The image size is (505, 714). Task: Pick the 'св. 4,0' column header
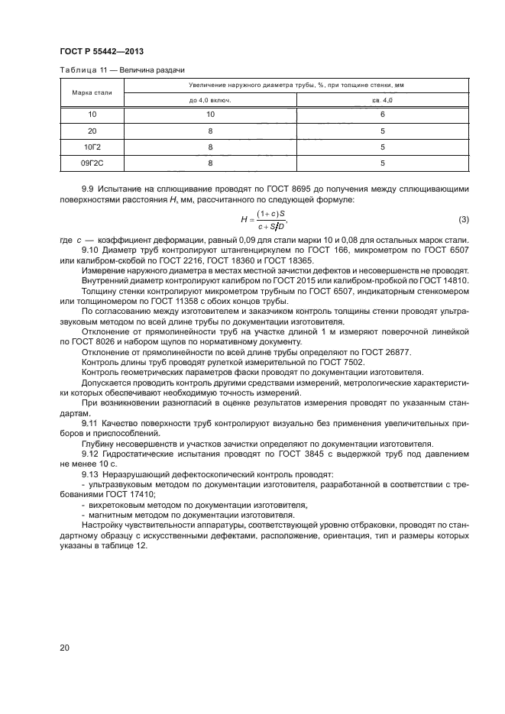point(382,100)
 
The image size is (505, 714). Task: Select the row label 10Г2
point(92,147)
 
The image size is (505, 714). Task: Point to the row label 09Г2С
point(92,163)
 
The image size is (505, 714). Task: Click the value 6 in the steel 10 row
point(382,115)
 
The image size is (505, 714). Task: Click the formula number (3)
point(463,220)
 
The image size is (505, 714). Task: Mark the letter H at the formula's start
point(244,220)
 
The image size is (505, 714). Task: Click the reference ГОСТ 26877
point(332,353)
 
